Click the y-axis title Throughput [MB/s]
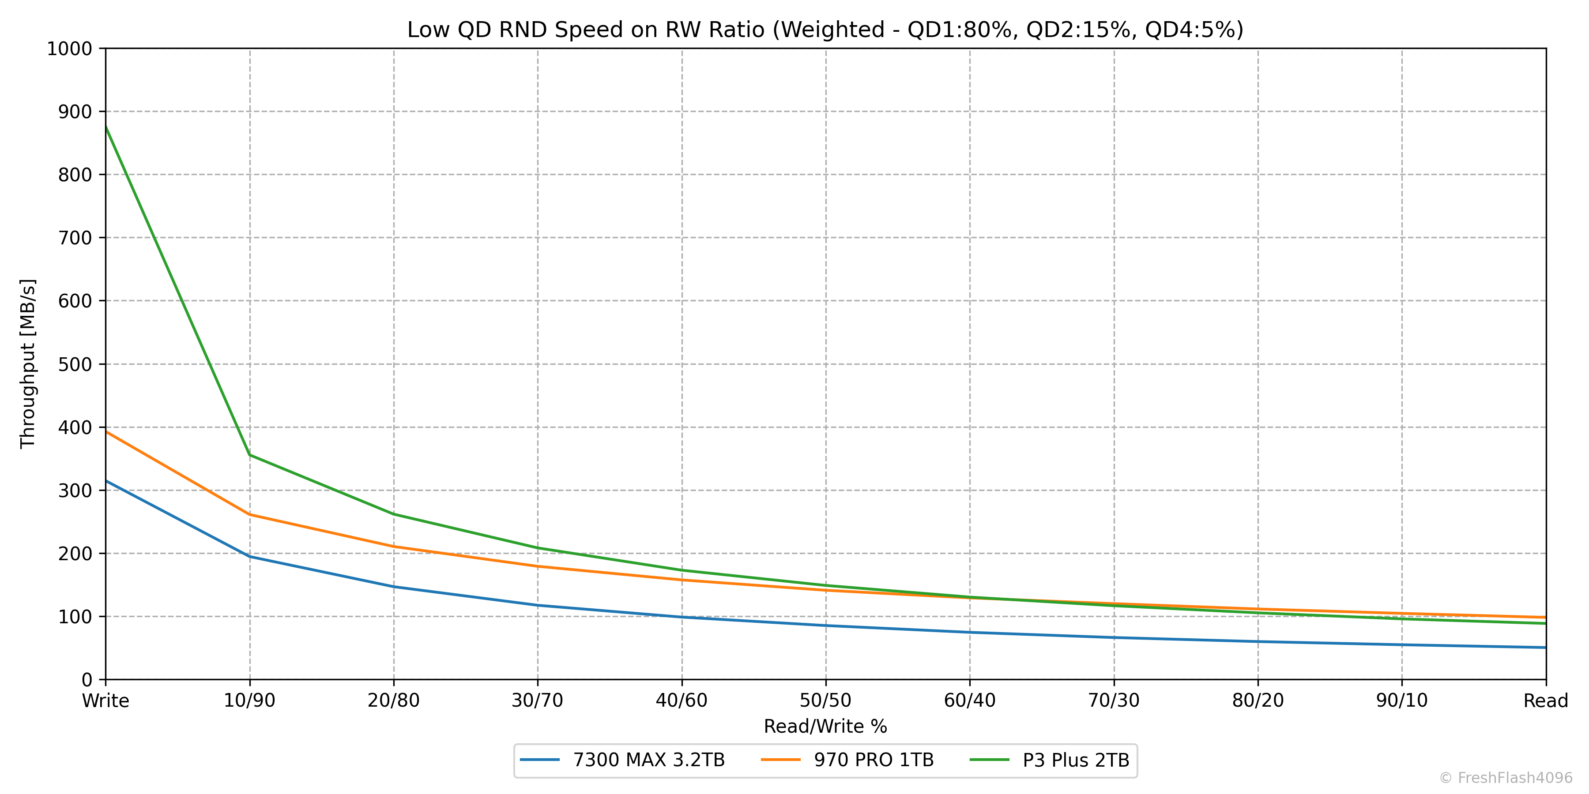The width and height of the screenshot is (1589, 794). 28,364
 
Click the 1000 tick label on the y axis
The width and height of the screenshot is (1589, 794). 69,49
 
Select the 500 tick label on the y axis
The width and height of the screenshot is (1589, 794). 75,364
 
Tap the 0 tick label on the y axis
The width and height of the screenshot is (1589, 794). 87,680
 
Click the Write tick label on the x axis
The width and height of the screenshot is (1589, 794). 105,701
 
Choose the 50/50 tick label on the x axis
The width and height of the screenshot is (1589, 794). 825,701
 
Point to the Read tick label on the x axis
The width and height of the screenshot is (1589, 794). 1545,701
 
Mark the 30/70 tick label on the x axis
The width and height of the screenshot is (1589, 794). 537,701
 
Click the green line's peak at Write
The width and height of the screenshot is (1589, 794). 106,126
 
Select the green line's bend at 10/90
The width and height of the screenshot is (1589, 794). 250,455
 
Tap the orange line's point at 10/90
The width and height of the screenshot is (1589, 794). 250,515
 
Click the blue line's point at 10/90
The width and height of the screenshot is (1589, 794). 250,557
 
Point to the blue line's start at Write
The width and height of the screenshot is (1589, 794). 106,481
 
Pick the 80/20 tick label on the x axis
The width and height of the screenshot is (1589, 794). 1258,701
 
